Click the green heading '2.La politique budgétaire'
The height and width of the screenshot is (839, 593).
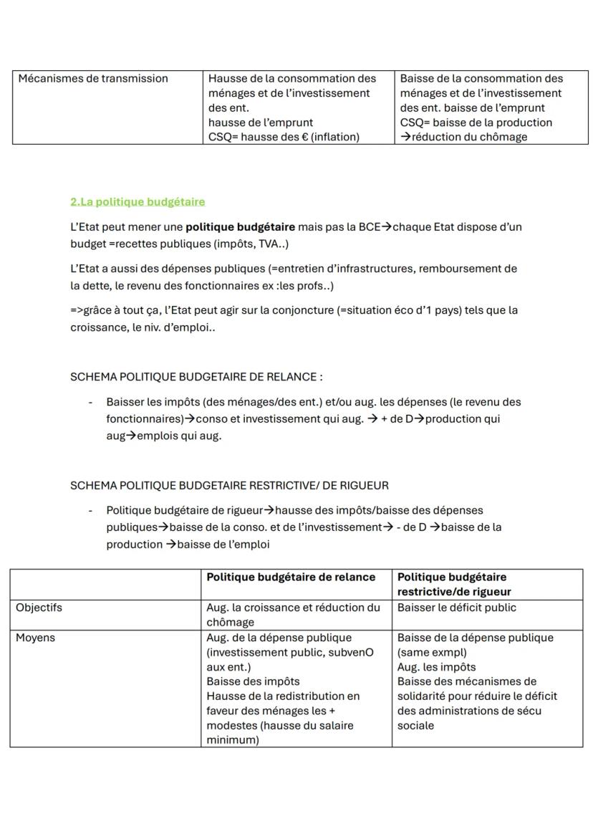pyautogui.click(x=138, y=203)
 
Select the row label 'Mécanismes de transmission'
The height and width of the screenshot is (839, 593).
pyautogui.click(x=93, y=79)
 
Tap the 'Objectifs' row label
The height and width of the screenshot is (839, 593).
pyautogui.click(x=39, y=608)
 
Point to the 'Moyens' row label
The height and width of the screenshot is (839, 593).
pyautogui.click(x=35, y=638)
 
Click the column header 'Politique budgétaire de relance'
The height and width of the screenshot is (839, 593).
pyautogui.click(x=291, y=577)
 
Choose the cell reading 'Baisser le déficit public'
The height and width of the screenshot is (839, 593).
pyautogui.click(x=456, y=608)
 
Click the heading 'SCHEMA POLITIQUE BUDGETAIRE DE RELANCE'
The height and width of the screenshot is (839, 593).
pyautogui.click(x=195, y=377)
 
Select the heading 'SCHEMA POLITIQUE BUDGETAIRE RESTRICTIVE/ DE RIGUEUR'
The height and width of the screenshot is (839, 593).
pyautogui.click(x=229, y=486)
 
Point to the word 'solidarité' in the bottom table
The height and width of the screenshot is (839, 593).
pyautogui.click(x=423, y=696)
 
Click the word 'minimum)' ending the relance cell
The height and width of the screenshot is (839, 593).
pyautogui.click(x=232, y=740)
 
